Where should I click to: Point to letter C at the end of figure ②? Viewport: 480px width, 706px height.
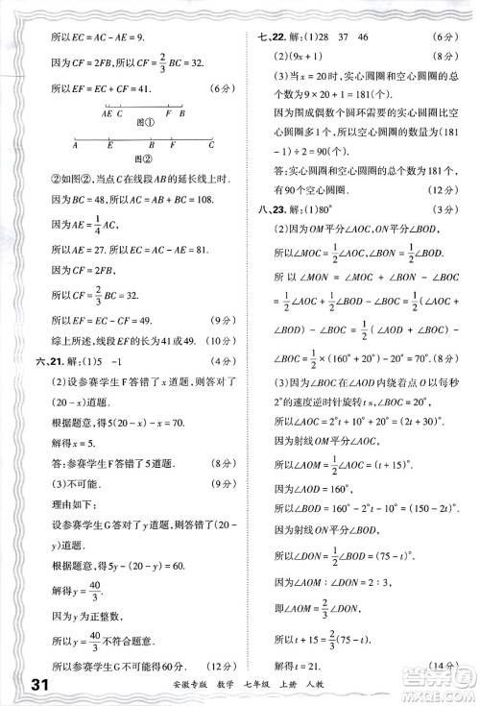tap(213, 147)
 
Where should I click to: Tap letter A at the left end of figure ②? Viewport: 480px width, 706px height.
tap(77, 147)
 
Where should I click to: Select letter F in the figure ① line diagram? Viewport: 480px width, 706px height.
tap(167, 112)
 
